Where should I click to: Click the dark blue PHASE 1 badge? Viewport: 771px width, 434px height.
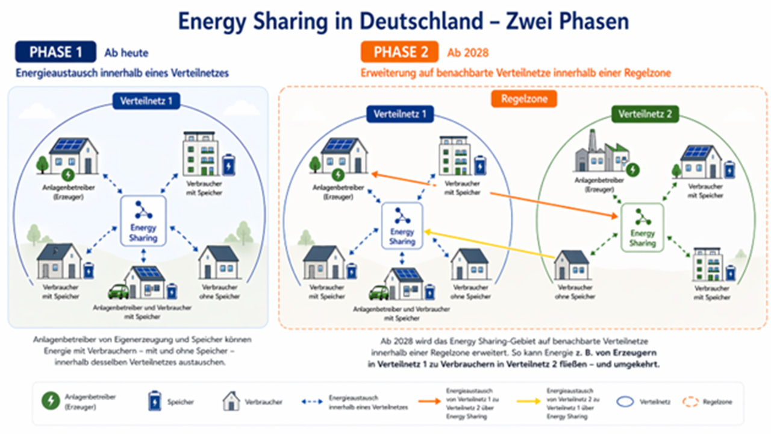tap(55, 52)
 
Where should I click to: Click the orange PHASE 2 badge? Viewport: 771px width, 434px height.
tap(400, 52)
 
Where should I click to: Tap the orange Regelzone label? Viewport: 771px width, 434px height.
tap(523, 99)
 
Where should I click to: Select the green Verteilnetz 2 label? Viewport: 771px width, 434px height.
tap(645, 114)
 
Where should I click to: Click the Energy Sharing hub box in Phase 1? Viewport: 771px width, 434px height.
tap(143, 220)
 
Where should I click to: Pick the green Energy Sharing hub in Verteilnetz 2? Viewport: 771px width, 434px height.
tap(642, 227)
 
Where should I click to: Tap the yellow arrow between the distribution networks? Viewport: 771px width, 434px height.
tap(488, 245)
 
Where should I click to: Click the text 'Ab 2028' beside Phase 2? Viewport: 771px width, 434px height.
tap(467, 53)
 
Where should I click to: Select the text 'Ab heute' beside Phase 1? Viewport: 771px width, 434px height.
tap(126, 53)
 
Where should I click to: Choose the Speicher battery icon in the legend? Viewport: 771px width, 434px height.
tap(155, 401)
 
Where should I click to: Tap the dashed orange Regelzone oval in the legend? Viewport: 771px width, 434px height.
tap(691, 401)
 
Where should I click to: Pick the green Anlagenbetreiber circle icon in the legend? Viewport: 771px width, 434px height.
tap(51, 401)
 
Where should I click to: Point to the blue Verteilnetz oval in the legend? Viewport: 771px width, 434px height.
tap(626, 401)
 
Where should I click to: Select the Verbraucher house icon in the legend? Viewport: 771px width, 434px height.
tap(231, 401)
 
